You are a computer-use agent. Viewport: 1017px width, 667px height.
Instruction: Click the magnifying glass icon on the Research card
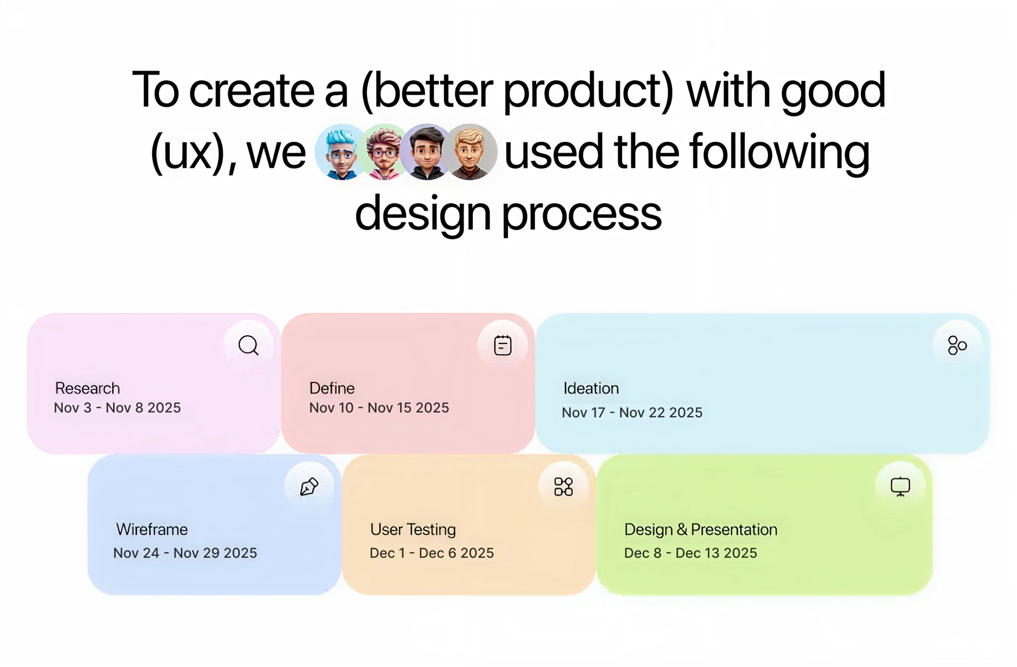(x=249, y=345)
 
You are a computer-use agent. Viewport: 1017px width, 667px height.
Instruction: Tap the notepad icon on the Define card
(x=503, y=345)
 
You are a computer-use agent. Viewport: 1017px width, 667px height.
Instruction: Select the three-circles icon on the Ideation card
(x=957, y=345)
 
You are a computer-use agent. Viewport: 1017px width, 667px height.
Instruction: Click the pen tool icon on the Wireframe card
(x=309, y=487)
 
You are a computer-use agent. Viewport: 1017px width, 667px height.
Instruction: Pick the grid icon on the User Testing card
(x=564, y=487)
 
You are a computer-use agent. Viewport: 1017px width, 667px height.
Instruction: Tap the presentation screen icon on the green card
(x=900, y=487)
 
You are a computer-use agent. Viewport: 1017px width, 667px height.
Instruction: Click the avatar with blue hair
(x=341, y=152)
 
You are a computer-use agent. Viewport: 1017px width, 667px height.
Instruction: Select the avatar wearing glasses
(x=384, y=152)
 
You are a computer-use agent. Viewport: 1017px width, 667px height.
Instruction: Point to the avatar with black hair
(x=427, y=152)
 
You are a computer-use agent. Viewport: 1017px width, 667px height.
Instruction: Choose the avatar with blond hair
(x=470, y=152)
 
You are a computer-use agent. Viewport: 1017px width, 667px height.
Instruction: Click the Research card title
(x=87, y=388)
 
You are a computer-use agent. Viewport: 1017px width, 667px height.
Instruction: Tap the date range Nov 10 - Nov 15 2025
(x=379, y=408)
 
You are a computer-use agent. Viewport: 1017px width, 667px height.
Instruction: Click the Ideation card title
(x=591, y=388)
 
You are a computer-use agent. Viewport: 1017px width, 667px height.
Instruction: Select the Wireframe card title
(x=152, y=530)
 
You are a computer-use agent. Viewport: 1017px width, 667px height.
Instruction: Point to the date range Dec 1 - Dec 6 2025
(x=431, y=553)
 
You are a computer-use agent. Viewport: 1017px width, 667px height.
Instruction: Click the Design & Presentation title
(x=701, y=530)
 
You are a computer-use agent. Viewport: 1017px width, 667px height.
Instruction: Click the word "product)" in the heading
(x=588, y=91)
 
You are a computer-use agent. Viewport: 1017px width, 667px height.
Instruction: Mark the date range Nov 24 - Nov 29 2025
(x=185, y=553)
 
